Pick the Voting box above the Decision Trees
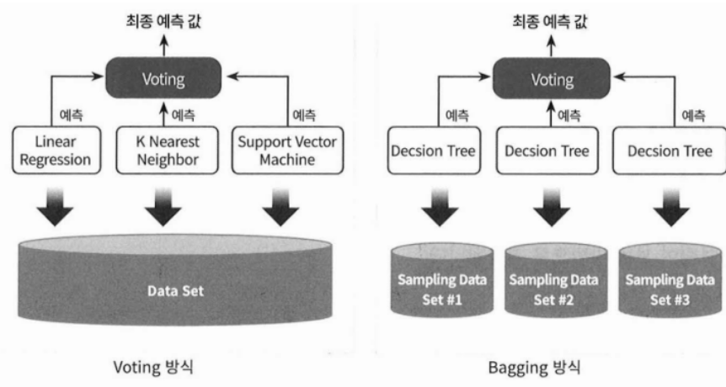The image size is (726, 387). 552,81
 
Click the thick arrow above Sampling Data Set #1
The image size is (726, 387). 437,206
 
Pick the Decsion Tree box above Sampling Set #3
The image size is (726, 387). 671,152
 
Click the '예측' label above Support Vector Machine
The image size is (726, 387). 302,113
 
